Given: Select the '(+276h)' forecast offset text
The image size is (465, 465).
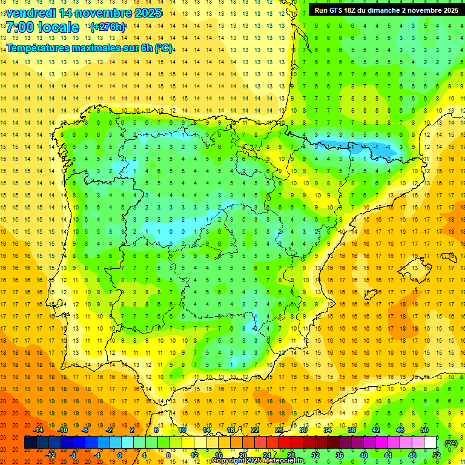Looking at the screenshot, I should click(x=108, y=27).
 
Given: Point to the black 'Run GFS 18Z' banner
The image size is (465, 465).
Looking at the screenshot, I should click(x=386, y=10).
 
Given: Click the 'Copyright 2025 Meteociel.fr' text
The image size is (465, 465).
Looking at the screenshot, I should click(x=258, y=461).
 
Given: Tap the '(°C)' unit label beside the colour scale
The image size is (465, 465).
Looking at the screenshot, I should click(x=451, y=443).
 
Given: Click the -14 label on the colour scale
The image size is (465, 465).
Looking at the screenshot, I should click(x=39, y=429).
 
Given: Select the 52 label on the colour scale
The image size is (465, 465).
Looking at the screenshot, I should click(x=437, y=455).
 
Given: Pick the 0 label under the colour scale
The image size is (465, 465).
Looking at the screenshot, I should click(x=120, y=455).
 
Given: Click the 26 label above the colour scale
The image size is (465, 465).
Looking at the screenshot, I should click(x=279, y=429).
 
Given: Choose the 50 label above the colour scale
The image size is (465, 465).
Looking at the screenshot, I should click(x=424, y=429).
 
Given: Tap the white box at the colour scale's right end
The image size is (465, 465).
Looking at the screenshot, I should click(x=430, y=443).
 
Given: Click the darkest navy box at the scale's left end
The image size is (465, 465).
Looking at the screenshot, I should click(x=30, y=443).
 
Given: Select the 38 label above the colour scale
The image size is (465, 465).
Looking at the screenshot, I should click(x=352, y=429).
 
